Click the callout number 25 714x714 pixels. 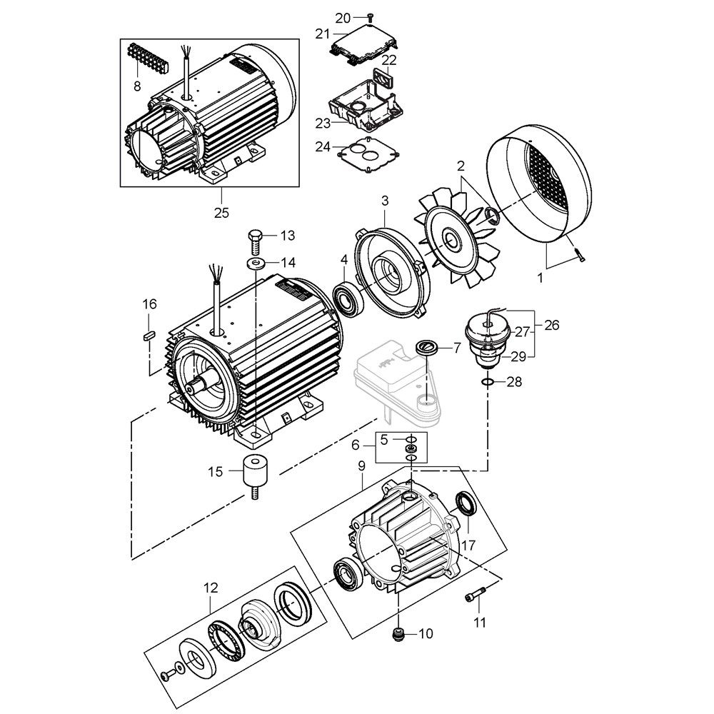point(221,212)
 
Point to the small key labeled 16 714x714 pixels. point(149,333)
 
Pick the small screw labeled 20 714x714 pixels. point(371,16)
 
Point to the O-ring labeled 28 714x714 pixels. point(488,383)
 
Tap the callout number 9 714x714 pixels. point(361,466)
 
